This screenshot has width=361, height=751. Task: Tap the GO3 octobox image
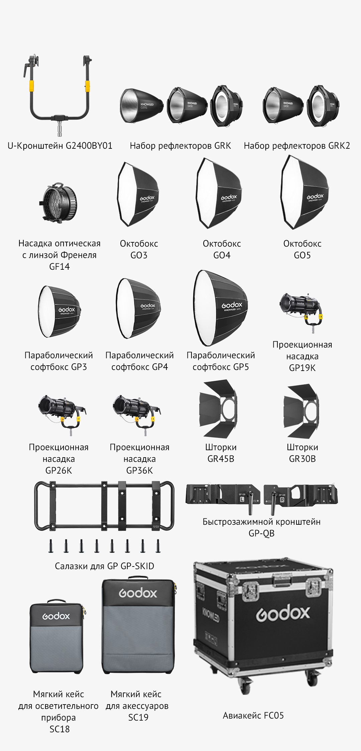coord(138,194)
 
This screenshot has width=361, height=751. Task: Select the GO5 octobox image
coord(305,192)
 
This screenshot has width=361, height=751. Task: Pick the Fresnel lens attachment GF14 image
coord(59,203)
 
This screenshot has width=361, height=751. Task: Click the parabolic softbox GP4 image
coord(138,308)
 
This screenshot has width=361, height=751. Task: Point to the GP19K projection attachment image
coord(302,311)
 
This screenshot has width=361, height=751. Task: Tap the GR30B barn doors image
coord(301,411)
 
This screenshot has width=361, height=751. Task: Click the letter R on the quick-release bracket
coord(282,500)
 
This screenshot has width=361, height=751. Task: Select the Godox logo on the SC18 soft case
coord(56,616)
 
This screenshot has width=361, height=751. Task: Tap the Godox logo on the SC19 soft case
coord(138,593)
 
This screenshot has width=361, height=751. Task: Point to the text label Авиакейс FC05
coord(253,716)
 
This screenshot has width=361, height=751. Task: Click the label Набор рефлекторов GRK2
coord(297,146)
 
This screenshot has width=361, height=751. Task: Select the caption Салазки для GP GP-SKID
coord(105,566)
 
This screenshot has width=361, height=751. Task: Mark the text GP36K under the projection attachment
coord(139,471)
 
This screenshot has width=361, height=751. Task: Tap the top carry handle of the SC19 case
coord(138,578)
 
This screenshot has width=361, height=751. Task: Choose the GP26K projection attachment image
coord(62,414)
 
